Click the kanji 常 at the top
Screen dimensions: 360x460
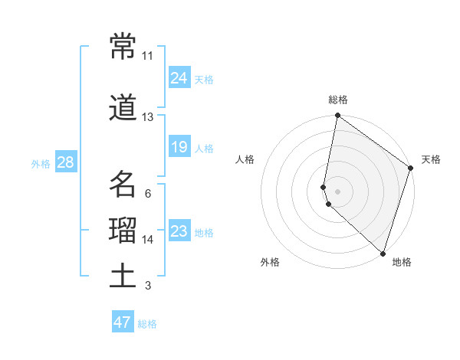point(123,47)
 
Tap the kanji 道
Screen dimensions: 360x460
point(123,109)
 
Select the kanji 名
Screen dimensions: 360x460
point(123,185)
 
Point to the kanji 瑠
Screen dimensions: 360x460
point(123,231)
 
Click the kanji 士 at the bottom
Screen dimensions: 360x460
point(123,277)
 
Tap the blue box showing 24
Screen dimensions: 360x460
point(179,77)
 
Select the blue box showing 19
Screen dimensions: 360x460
point(179,146)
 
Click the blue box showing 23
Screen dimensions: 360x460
point(179,231)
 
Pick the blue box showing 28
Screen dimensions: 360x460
point(65,162)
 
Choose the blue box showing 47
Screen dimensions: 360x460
point(123,322)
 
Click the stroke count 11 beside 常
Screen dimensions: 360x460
point(147,56)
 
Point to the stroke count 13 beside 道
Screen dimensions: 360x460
point(147,117)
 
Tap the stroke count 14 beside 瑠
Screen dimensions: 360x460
point(147,240)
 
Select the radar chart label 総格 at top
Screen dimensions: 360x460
point(338,100)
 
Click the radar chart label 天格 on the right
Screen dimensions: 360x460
point(431,159)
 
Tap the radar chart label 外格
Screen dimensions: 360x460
point(270,262)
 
